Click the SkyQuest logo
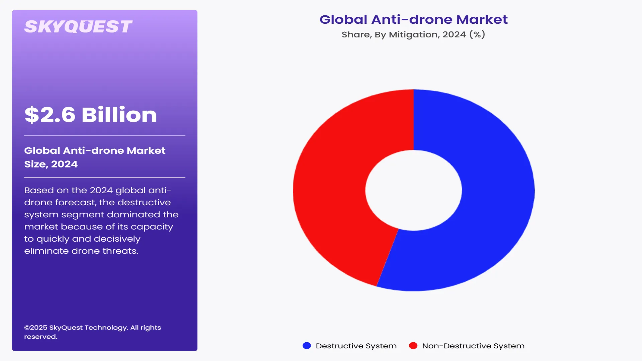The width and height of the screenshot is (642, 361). tap(78, 27)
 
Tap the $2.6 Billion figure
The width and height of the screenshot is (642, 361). tap(91, 115)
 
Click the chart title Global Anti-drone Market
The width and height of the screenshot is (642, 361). tap(413, 19)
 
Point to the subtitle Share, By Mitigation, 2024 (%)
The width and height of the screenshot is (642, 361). tap(413, 34)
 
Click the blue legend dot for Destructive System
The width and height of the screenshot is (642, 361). tap(307, 346)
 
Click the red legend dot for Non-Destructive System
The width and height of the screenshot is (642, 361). tap(413, 346)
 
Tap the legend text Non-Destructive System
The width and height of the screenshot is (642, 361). tap(473, 346)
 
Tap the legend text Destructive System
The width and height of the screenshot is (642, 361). tap(356, 346)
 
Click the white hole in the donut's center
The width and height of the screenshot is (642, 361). tap(414, 190)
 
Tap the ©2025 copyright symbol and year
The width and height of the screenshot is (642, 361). tap(35, 328)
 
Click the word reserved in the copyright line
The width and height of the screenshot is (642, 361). tap(40, 337)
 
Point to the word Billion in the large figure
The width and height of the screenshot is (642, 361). tap(119, 115)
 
